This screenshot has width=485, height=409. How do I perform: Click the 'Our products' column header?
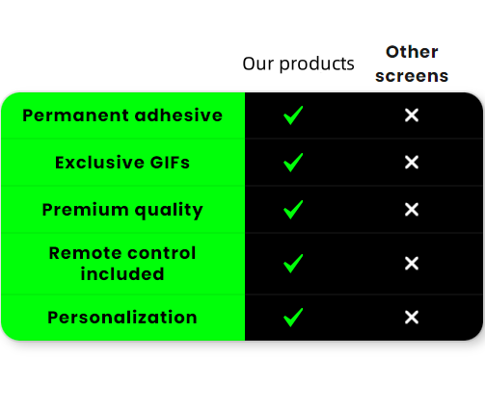click(x=298, y=64)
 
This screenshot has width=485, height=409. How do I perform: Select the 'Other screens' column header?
click(x=412, y=64)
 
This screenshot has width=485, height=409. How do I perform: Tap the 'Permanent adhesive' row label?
click(x=122, y=115)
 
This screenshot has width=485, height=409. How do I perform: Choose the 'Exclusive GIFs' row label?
click(x=122, y=163)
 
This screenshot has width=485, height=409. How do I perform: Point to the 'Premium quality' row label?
click(x=122, y=210)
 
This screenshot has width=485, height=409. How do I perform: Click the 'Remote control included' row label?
click(x=122, y=264)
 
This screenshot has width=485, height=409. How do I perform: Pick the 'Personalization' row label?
click(x=122, y=318)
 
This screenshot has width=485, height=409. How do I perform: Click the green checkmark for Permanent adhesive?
click(x=293, y=115)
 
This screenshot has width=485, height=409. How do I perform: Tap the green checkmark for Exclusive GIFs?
click(x=293, y=163)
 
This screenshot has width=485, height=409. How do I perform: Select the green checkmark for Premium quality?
click(x=293, y=210)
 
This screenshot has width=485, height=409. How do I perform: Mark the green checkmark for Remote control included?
click(x=293, y=264)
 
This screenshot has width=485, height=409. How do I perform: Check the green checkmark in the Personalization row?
click(x=293, y=318)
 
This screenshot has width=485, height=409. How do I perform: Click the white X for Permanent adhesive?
click(x=412, y=115)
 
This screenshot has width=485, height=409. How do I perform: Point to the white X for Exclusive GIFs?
click(x=412, y=163)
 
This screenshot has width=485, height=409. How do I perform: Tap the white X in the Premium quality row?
click(x=412, y=210)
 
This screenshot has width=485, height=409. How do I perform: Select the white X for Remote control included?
click(x=412, y=264)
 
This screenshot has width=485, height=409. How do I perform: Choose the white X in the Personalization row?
click(x=412, y=318)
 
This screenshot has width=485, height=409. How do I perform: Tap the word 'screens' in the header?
click(x=412, y=76)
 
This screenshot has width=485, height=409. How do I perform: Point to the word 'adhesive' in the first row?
click(x=178, y=115)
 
